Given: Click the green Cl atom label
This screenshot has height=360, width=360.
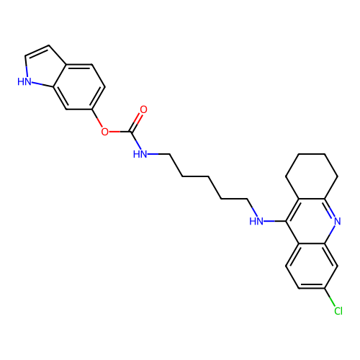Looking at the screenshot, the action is coord(338,311).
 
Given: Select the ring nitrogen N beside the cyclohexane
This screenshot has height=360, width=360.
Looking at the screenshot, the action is coord(338,221).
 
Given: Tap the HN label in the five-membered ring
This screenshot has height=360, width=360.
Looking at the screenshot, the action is coord(24,81).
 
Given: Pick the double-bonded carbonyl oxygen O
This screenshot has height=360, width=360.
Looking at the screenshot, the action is coord(143,109).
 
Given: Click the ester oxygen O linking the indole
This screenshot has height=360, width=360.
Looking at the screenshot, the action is coord(104,132).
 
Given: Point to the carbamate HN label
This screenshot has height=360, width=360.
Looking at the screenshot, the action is coord(140,154).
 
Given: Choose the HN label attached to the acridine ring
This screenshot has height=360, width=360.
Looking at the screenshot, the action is coord(256,221).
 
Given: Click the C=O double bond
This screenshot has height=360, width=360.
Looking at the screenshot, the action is coord(136,122).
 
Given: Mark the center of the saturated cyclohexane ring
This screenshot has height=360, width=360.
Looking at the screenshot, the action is coord(312,176).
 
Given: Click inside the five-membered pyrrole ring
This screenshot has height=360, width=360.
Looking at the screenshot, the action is coord(41,68).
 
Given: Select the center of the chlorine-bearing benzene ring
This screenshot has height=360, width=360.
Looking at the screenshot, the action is coord(312,266).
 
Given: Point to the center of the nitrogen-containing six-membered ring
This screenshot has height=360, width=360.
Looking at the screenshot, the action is coord(312,221).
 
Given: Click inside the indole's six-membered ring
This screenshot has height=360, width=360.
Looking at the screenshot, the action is coord(79,87).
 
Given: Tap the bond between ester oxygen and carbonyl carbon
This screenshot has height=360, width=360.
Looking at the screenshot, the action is coord(120,132).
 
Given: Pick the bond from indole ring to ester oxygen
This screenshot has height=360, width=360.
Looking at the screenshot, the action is coord(97,118).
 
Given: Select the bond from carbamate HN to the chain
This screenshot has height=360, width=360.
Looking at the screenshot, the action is coord(158,154).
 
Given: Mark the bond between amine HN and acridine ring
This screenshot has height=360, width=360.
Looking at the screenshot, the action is coord(275,221).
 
